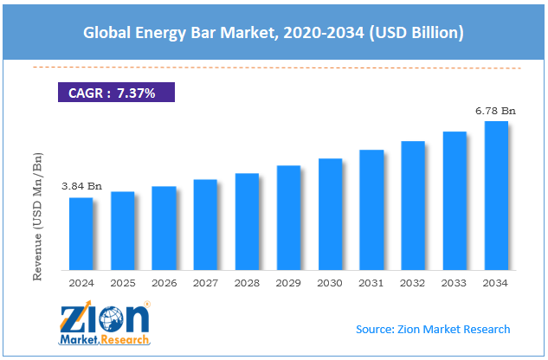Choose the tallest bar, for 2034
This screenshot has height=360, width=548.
click(x=496, y=196)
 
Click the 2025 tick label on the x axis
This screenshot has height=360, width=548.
click(x=122, y=282)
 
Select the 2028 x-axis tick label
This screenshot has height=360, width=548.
click(x=247, y=282)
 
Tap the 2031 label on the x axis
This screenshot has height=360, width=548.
click(x=371, y=282)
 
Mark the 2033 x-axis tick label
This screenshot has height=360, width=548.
click(x=455, y=282)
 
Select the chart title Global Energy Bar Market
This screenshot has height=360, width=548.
click(x=274, y=34)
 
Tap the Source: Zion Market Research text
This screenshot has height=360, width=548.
click(x=433, y=329)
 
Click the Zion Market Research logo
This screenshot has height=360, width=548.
click(x=105, y=325)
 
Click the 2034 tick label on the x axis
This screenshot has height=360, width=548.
click(x=496, y=282)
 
